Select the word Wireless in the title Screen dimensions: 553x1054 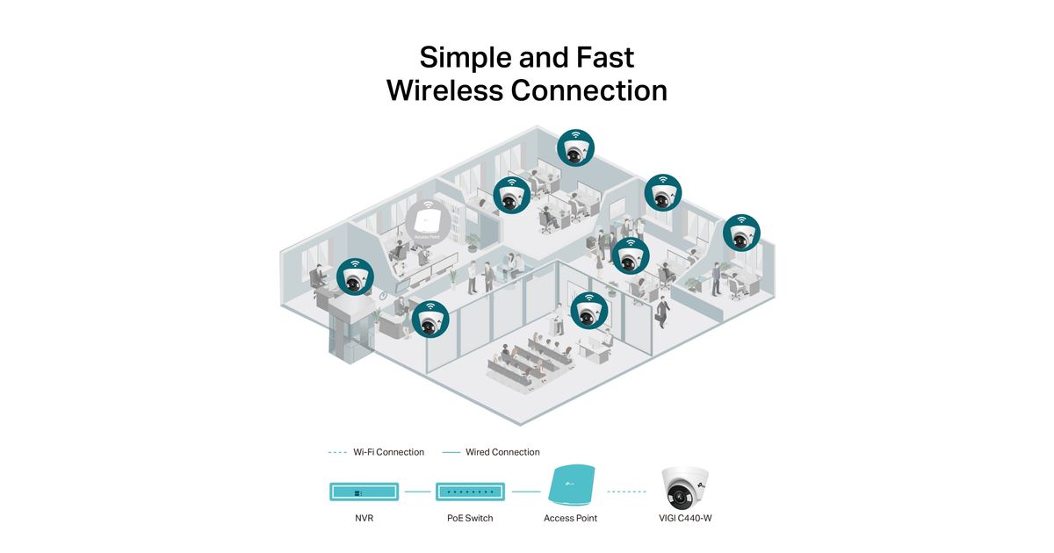coord(444,90)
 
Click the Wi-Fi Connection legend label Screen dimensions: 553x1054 coord(388,452)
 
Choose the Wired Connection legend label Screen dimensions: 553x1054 coord(502,452)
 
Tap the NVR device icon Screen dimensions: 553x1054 coord(365,492)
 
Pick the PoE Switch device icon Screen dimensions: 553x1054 coord(470,492)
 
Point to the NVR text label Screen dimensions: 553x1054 coord(365,518)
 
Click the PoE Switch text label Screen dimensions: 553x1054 coord(470,518)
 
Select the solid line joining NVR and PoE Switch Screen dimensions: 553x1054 coord(417,492)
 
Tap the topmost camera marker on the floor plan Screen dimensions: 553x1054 coord(575,147)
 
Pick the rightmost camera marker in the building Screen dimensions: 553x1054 coord(741,232)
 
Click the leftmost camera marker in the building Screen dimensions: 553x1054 coord(355,276)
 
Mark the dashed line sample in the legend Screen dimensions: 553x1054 coord(337,452)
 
